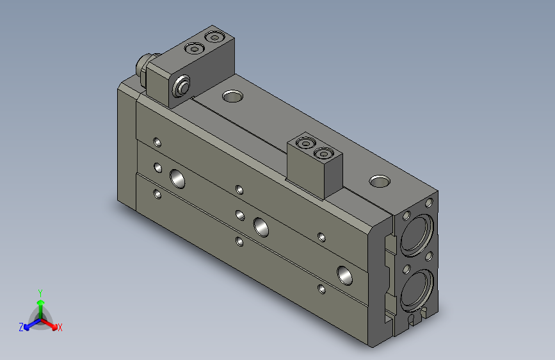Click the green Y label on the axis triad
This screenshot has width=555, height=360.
(x=40, y=291)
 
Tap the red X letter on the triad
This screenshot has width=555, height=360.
(x=60, y=328)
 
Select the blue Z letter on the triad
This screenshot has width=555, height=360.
(x=21, y=327)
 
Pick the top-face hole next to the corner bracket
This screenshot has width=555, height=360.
(x=232, y=97)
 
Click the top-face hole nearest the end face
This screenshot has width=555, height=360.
(x=380, y=181)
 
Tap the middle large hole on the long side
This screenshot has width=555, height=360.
(x=261, y=225)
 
